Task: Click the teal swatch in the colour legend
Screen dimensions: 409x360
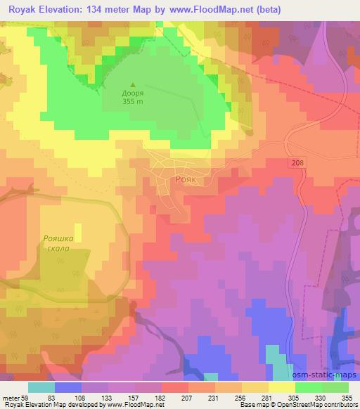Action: (41, 387)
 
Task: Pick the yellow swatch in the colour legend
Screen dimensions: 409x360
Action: (281, 387)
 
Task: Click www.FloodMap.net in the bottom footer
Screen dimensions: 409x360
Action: (133, 405)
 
